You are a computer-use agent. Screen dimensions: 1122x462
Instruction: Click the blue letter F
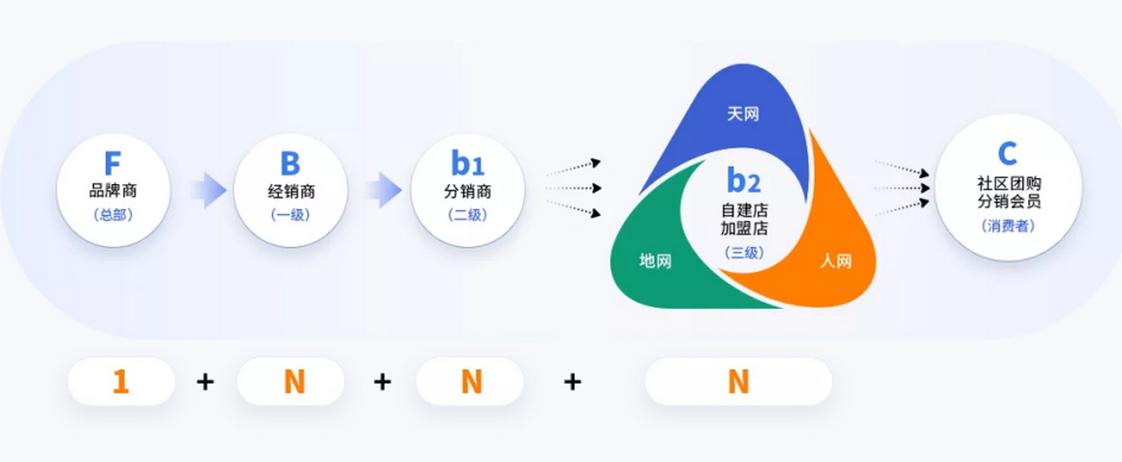pyautogui.click(x=112, y=164)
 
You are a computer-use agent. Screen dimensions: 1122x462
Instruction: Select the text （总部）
pyautogui.click(x=113, y=215)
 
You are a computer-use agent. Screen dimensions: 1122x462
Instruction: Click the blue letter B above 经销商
pyautogui.click(x=290, y=164)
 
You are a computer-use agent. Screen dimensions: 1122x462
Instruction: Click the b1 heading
pyautogui.click(x=467, y=164)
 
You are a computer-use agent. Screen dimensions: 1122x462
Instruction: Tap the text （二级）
pyautogui.click(x=467, y=215)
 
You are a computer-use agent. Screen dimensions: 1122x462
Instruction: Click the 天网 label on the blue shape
pyautogui.click(x=743, y=114)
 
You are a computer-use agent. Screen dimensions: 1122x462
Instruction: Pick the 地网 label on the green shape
pyautogui.click(x=655, y=262)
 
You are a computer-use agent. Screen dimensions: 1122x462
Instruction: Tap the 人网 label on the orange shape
pyautogui.click(x=836, y=262)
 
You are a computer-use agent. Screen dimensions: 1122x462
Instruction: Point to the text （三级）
pyautogui.click(x=744, y=252)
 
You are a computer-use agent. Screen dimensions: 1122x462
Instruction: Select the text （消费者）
pyautogui.click(x=1007, y=226)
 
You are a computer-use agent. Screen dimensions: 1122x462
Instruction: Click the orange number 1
pyautogui.click(x=121, y=382)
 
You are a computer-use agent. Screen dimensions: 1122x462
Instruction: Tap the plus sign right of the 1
pyautogui.click(x=205, y=382)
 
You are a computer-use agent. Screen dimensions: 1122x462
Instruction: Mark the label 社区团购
pyautogui.click(x=1009, y=184)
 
